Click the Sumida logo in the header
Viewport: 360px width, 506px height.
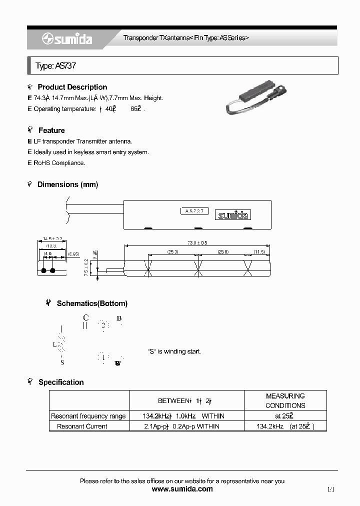click(x=67, y=39)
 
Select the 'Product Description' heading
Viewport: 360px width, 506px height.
click(x=72, y=87)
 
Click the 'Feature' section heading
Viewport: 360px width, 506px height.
click(x=51, y=130)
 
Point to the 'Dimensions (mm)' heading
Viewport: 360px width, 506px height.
click(x=68, y=184)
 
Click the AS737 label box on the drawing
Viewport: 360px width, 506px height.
click(x=194, y=211)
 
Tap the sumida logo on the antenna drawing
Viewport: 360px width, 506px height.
click(x=233, y=215)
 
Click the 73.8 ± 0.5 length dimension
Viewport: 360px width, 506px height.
click(x=197, y=242)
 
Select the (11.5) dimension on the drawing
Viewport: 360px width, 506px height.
click(x=259, y=251)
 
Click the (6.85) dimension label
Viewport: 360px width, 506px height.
click(x=74, y=255)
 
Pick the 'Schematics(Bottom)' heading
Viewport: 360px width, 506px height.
click(x=92, y=303)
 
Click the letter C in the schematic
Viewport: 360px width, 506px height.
click(x=85, y=317)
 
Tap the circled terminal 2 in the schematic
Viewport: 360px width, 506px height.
click(x=103, y=325)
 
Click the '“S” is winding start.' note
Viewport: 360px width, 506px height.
click(x=174, y=351)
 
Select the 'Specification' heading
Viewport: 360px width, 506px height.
click(x=61, y=382)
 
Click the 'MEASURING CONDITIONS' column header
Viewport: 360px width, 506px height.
click(x=285, y=400)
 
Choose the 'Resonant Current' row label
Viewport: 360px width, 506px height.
click(x=82, y=426)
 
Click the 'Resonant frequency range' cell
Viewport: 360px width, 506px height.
click(x=88, y=416)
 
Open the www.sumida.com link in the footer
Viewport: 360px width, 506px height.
click(x=182, y=489)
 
